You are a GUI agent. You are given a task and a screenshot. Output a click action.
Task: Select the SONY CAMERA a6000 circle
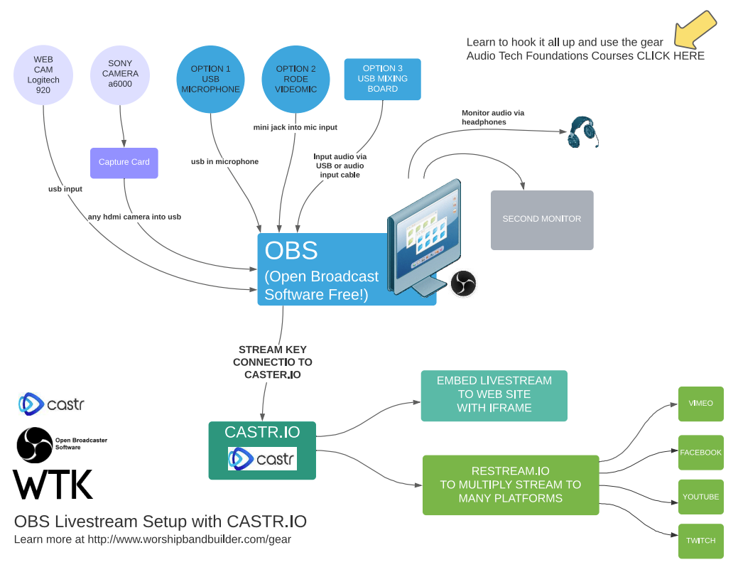point(120,74)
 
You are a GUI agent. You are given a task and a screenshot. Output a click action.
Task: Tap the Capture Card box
point(124,163)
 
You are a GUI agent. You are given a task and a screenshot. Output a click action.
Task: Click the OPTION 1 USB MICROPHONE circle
point(210,79)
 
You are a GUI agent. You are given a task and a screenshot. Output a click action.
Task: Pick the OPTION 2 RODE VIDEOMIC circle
point(295,79)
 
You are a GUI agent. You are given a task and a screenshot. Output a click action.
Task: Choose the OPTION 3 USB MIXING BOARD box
point(383,79)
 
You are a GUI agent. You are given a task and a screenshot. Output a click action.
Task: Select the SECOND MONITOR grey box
point(542,220)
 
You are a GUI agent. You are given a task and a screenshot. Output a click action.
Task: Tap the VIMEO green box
point(700,404)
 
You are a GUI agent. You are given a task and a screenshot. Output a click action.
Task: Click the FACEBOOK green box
point(700,453)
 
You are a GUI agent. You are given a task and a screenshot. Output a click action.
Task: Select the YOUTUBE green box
point(700,497)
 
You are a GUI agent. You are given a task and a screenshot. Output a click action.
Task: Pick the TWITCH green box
point(700,541)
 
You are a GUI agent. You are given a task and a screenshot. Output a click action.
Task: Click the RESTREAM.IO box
point(511,485)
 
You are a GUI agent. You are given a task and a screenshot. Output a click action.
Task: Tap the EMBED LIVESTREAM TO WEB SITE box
point(494,395)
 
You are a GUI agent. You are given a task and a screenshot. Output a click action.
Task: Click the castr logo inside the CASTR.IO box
point(262,459)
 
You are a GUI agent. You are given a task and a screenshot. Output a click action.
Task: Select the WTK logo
point(53,485)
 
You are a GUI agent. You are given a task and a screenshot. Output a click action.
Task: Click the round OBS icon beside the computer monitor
point(463,284)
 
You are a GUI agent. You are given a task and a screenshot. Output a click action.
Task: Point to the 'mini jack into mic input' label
point(295,128)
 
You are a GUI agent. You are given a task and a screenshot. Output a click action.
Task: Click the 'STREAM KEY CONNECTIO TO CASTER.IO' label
point(273,362)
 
